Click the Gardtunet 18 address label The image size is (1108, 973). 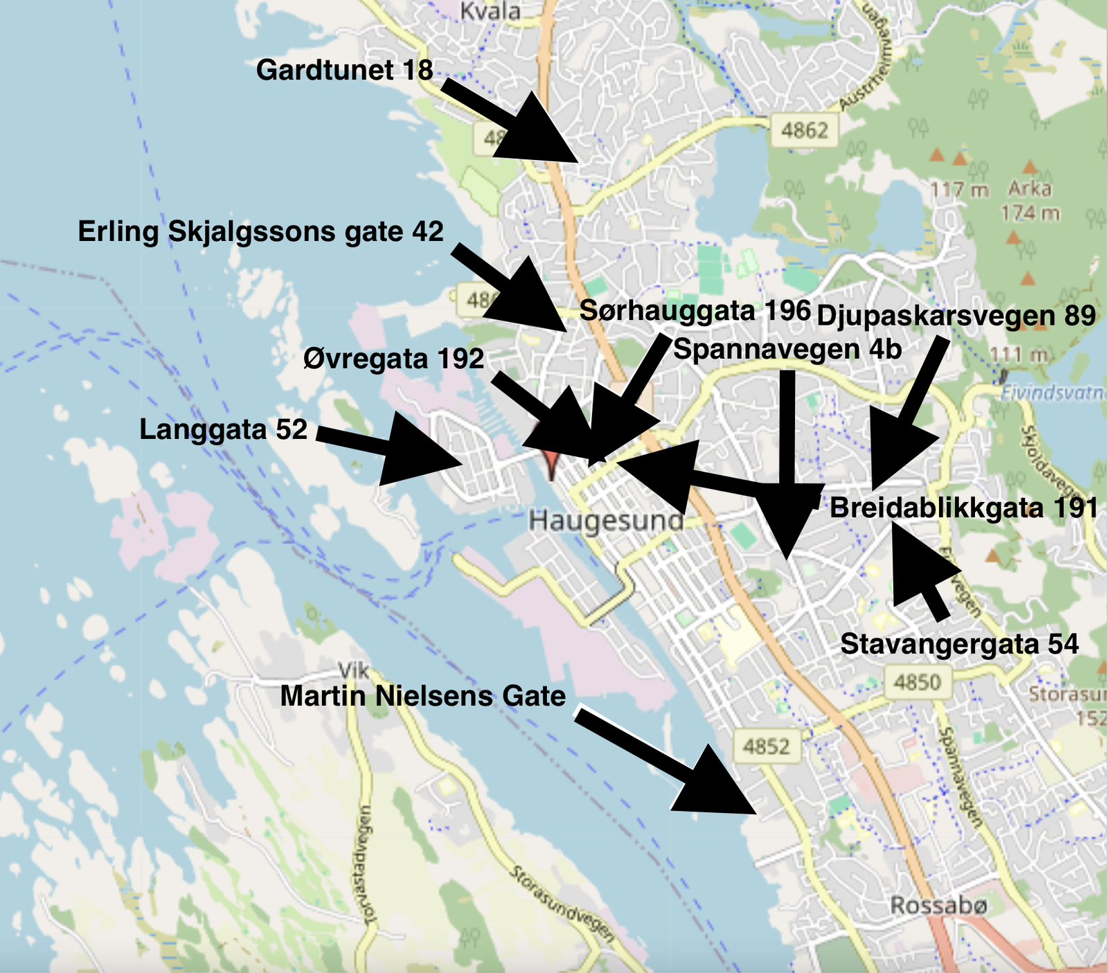click(x=344, y=71)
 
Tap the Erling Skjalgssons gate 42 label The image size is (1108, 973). click(x=260, y=231)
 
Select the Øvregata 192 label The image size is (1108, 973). click(x=393, y=359)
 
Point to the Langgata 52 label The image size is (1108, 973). click(x=223, y=429)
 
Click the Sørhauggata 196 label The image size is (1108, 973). click(x=695, y=310)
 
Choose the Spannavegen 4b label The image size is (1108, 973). click(x=787, y=349)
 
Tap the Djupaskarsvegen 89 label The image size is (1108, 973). click(x=956, y=316)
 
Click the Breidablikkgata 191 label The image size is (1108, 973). click(x=963, y=508)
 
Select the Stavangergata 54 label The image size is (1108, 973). click(x=959, y=644)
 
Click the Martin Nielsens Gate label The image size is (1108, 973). click(x=422, y=696)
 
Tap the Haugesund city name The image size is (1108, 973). click(x=606, y=520)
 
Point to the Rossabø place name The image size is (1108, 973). click(x=938, y=905)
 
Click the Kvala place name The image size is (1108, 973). click(x=490, y=12)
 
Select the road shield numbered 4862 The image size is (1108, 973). click(x=804, y=130)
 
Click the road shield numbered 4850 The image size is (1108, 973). click(x=917, y=683)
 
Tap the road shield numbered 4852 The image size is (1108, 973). click(x=766, y=747)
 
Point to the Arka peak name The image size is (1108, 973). click(x=1029, y=188)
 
